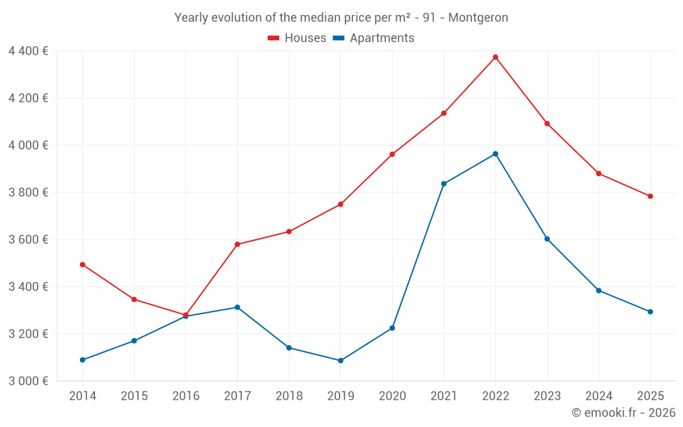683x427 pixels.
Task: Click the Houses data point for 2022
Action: coord(495,57)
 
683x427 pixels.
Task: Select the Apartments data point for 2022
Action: coord(495,154)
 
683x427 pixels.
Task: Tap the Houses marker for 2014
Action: coord(83,264)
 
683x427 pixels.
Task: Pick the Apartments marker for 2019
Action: coord(341,361)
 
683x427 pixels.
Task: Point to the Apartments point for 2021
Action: coord(444,184)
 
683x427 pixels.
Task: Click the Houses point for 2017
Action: coord(237,245)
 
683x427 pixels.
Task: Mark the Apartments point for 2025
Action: coord(650,312)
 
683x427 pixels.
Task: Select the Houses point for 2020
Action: coord(392,154)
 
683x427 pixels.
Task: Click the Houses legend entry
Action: coord(297,38)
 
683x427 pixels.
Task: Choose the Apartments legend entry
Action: coord(374,38)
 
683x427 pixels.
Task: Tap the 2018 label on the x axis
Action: coord(289,396)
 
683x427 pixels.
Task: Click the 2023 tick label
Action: coord(547,396)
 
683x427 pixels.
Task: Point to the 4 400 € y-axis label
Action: coord(28,51)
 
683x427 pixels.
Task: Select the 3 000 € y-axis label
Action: coord(28,381)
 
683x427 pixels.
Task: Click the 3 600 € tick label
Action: coord(28,239)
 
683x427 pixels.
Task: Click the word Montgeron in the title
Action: coord(482,18)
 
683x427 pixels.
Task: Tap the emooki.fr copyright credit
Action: coord(624,413)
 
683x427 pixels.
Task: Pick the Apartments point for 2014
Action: coord(83,360)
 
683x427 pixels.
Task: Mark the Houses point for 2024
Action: coord(599,174)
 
